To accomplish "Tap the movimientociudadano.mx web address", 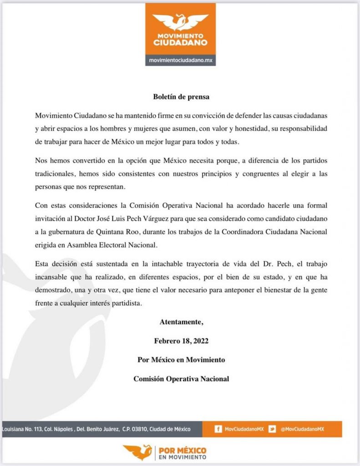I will pos(180,60).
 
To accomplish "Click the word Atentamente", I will pos(181,322).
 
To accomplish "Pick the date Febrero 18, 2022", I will pos(181,340).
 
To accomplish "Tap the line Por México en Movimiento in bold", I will pos(181,360).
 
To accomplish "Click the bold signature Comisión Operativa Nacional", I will pos(181,378).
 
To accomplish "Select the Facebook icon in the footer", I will pos(218,429).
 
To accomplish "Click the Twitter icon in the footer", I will pos(272,429).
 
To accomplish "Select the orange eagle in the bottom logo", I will pos(138,452).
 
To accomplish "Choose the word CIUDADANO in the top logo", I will pos(180,43).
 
